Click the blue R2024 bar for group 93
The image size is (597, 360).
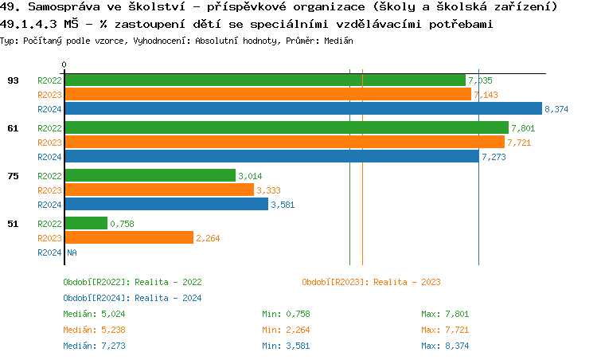[x=302, y=109]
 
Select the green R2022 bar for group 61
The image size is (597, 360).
[x=286, y=127]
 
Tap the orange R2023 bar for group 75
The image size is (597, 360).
[x=159, y=190]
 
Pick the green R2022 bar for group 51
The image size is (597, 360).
[x=85, y=223]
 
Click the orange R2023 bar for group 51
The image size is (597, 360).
[x=128, y=237]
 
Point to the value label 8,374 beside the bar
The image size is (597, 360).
[x=556, y=109]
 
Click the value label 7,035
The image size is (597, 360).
[x=481, y=80]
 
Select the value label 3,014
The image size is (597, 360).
[x=250, y=176]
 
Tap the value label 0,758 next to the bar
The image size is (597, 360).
[x=122, y=224]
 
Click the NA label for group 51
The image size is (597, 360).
[x=71, y=252]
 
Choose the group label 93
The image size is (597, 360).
[x=13, y=80]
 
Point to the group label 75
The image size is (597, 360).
[x=13, y=176]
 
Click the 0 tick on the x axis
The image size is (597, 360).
[x=64, y=65]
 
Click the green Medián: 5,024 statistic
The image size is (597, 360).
[x=94, y=314]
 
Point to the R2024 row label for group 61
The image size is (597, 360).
[x=49, y=157]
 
